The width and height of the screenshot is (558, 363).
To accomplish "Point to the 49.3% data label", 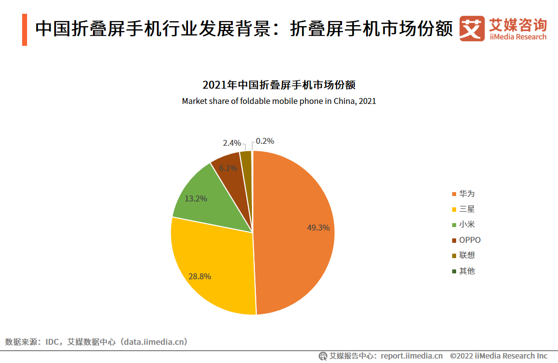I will click(x=318, y=228).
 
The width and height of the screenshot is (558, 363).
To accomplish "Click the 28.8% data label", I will click(x=200, y=276).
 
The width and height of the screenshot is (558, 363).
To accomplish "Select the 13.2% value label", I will click(x=196, y=199).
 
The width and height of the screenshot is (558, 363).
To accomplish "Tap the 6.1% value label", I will click(x=228, y=168).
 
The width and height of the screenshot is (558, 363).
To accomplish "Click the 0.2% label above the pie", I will click(x=265, y=141).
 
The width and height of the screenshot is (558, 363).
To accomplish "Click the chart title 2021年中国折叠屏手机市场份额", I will click(x=279, y=85).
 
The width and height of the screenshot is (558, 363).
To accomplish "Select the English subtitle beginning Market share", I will click(x=279, y=101).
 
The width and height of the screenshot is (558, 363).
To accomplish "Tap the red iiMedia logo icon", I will click(x=472, y=29).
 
